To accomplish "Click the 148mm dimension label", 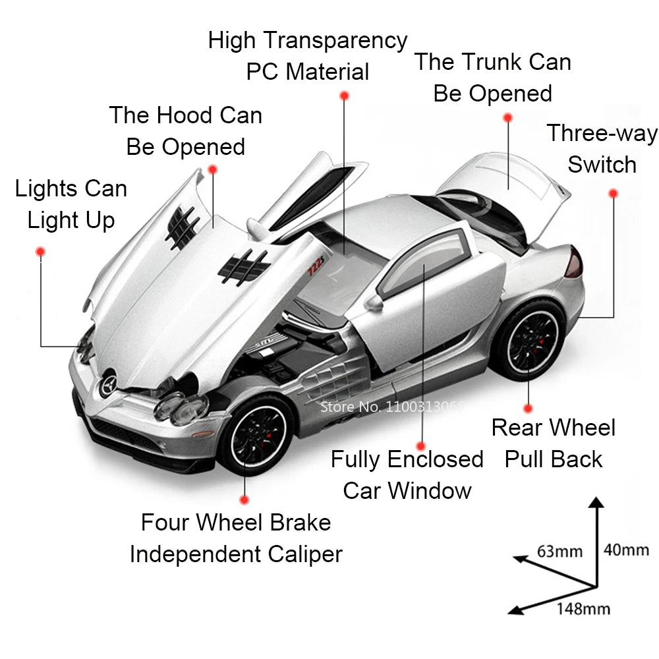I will point(583,608).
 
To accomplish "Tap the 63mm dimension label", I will point(559,550).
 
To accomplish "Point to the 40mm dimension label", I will point(626,549).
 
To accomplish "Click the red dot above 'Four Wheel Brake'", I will point(244,500).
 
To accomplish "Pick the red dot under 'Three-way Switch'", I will point(613,193).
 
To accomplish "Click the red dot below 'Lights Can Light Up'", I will point(40,252).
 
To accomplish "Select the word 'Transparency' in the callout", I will point(336,41).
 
